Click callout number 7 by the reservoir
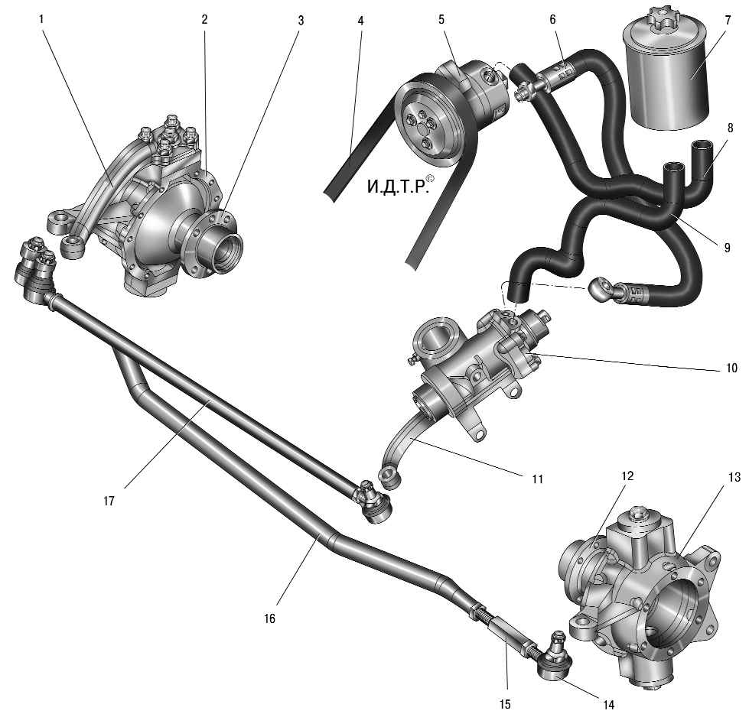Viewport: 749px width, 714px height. click(728, 21)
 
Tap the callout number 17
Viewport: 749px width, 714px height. click(109, 501)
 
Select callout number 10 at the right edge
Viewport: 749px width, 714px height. click(731, 368)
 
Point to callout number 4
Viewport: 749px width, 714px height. click(360, 21)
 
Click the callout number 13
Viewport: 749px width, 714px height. click(734, 476)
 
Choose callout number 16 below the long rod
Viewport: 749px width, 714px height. click(269, 618)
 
